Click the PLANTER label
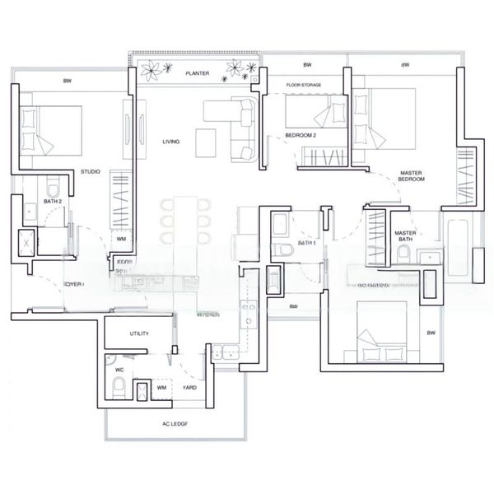point(197,73)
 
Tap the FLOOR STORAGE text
point(303,85)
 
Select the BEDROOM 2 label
point(301,134)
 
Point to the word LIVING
point(171,142)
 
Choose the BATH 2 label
point(30,201)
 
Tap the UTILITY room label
point(139,333)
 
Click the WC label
point(119,370)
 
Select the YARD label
point(189,386)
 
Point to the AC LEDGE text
point(175,424)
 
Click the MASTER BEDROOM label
point(410,175)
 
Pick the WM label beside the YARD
point(161,386)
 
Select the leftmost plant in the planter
point(150,71)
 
